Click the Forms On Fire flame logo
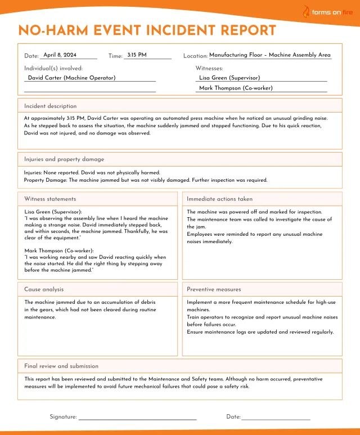[306, 12]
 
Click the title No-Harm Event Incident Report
[147, 30]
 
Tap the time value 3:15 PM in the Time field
[137, 55]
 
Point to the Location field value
[270, 55]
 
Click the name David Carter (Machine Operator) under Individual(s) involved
[71, 78]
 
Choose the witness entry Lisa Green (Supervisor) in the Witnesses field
[229, 78]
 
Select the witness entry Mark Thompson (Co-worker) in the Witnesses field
[236, 88]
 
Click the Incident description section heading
[50, 106]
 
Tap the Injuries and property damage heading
[64, 159]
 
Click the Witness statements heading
[50, 199]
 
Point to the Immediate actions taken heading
[219, 199]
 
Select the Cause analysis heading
[44, 289]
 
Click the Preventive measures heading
[214, 289]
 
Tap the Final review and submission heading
[61, 366]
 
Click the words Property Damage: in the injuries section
[45, 180]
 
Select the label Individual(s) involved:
[49, 68]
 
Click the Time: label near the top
[115, 56]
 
